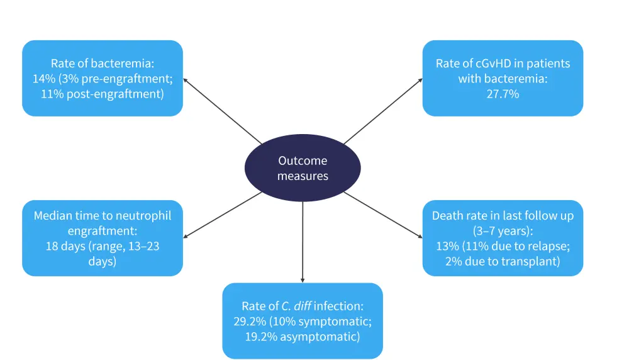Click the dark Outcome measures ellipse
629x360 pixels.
tap(303, 168)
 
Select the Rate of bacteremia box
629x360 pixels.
tap(103, 79)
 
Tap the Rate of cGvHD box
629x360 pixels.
tap(503, 79)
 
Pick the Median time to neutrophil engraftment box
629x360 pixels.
tap(103, 238)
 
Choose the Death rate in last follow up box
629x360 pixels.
tap(503, 238)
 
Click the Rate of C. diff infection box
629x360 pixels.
tap(303, 321)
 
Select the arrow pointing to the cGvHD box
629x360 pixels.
tap(384, 111)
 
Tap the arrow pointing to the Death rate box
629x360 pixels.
tap(384, 215)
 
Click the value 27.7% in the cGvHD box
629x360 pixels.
tap(503, 94)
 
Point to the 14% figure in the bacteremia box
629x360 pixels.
tap(43, 79)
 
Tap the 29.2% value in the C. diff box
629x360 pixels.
tap(247, 322)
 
